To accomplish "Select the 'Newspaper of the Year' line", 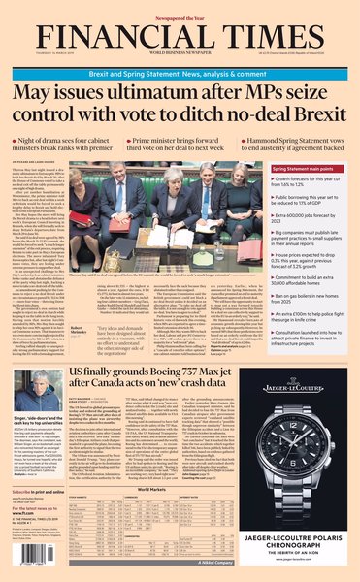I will [180, 7].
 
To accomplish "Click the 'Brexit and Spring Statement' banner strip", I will [180, 58].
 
